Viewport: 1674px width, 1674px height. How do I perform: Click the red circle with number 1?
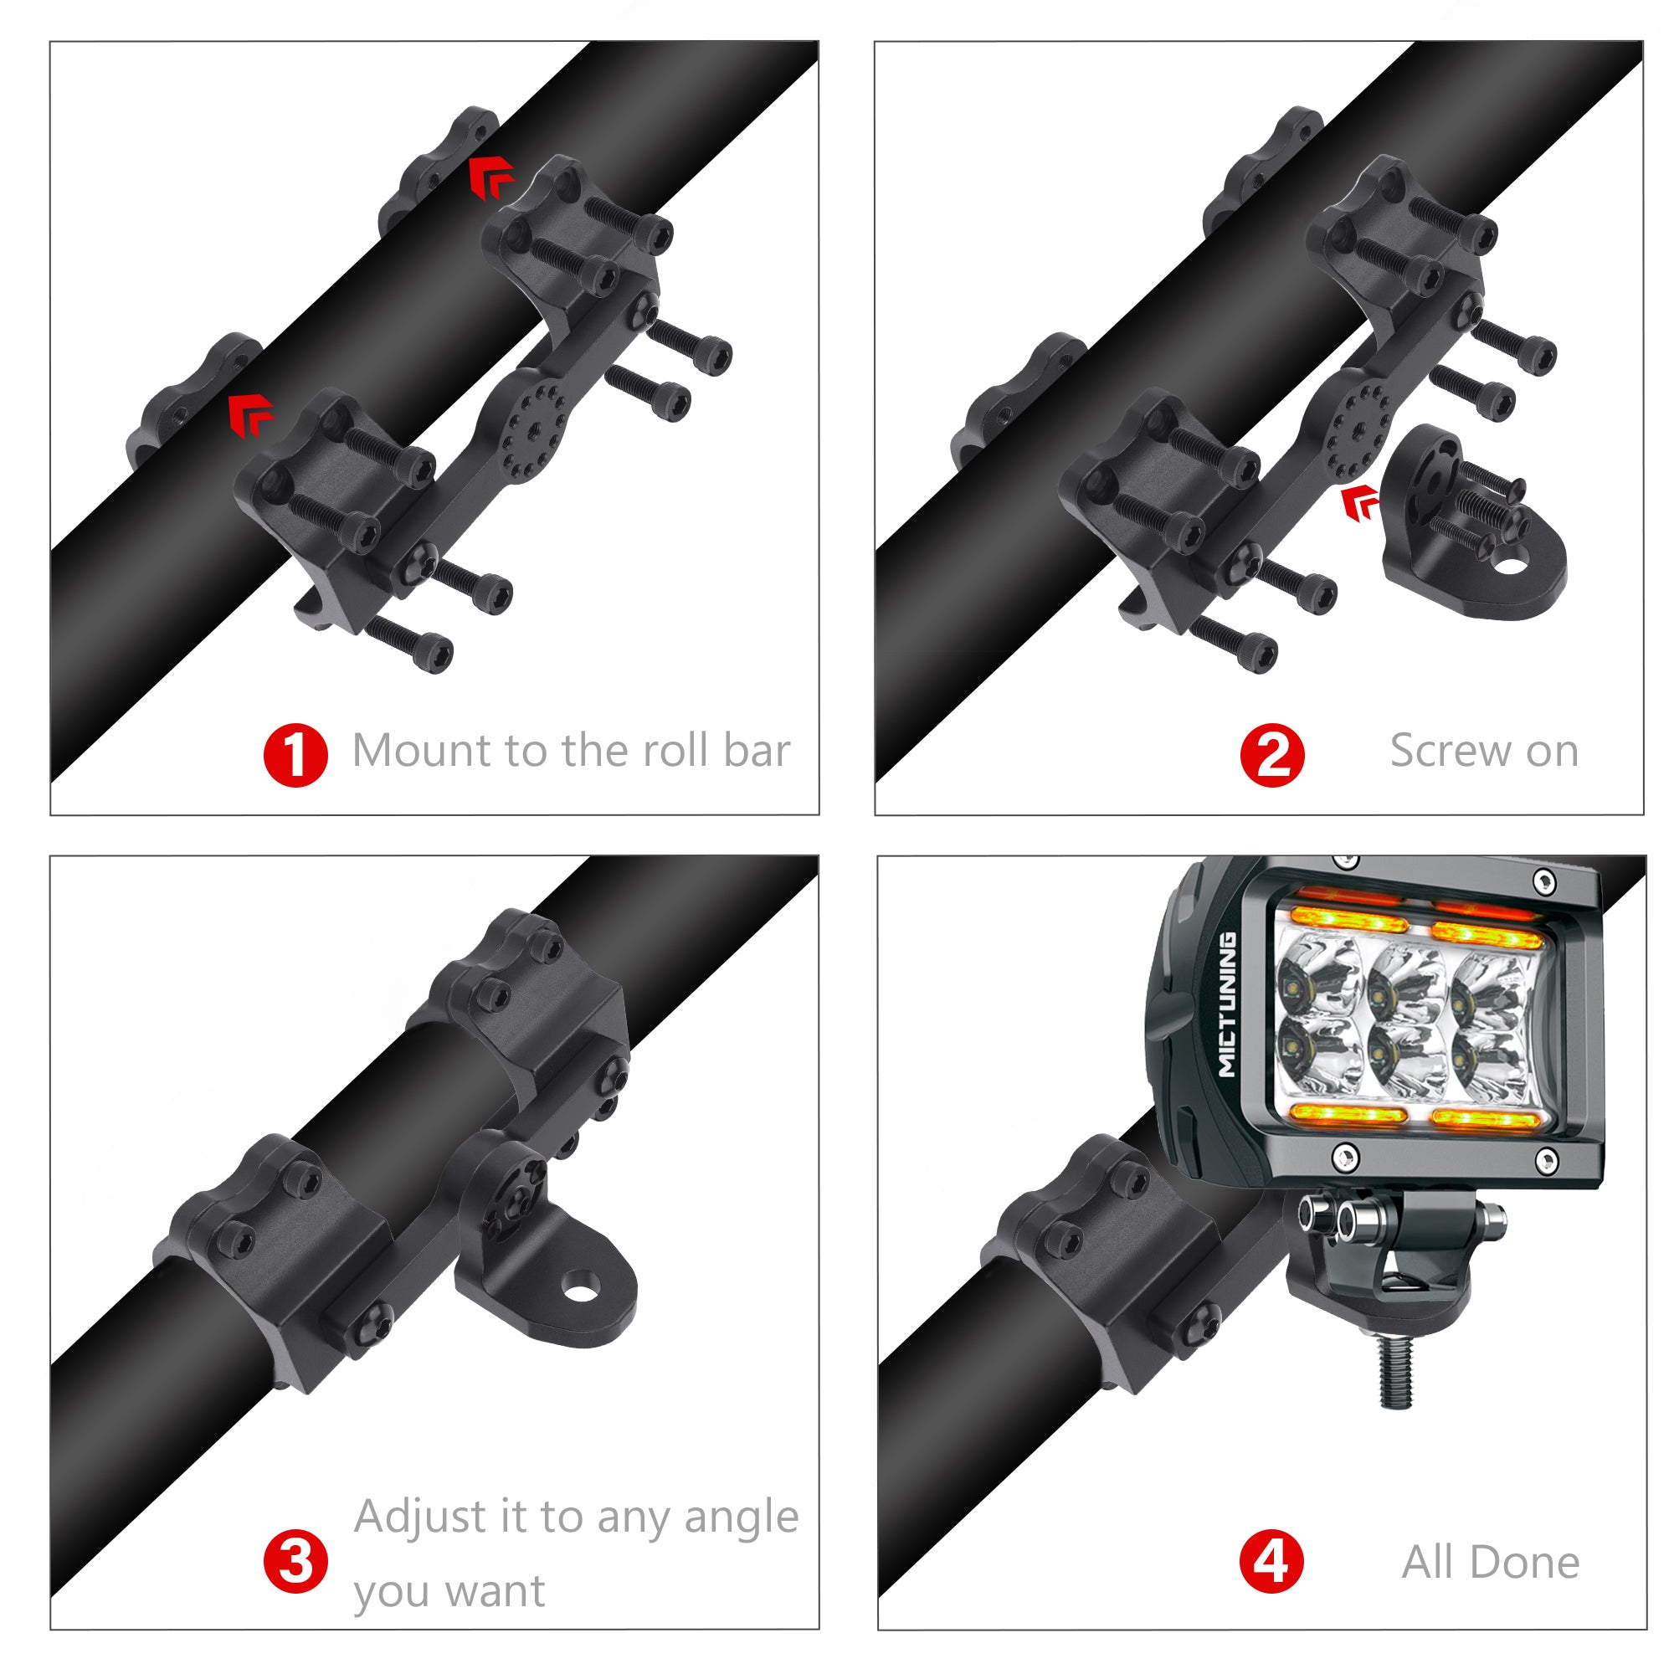[295, 755]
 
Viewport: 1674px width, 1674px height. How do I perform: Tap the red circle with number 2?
[1272, 755]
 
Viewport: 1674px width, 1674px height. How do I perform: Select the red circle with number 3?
[295, 1562]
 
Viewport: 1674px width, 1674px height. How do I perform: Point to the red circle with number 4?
[1272, 1562]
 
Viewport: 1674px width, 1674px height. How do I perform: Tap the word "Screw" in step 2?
[1451, 750]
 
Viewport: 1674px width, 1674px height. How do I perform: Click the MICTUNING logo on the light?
[1228, 1004]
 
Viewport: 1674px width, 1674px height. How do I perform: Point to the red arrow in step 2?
[1360, 503]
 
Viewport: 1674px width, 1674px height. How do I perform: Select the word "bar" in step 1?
[757, 750]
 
